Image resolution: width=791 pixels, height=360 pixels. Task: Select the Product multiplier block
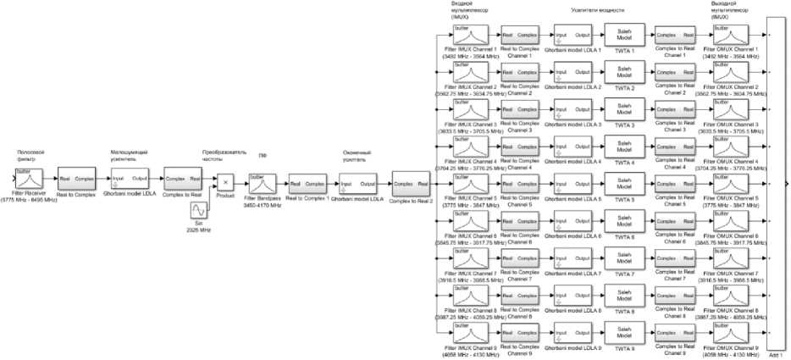click(225, 181)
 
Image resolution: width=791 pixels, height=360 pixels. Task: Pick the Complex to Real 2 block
click(412, 184)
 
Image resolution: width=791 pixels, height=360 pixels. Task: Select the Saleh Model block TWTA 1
click(625, 36)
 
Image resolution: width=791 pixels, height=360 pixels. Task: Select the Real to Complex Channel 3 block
click(518, 110)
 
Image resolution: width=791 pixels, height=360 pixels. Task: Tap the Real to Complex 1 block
click(307, 184)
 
